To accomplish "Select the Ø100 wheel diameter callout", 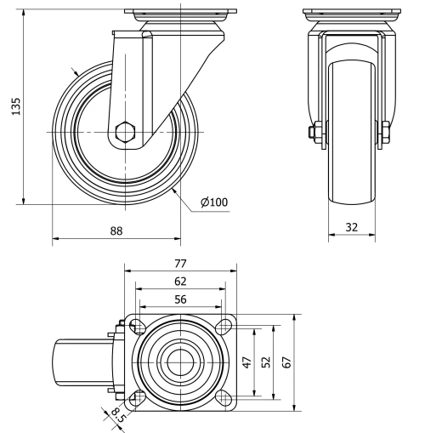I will point(213,202).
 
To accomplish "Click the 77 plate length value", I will point(180,264).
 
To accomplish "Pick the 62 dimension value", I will point(180,281).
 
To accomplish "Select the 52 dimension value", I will point(265,362).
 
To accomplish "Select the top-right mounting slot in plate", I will point(224,324).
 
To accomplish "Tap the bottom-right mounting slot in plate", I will point(224,398).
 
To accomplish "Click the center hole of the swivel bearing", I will point(180,362).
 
